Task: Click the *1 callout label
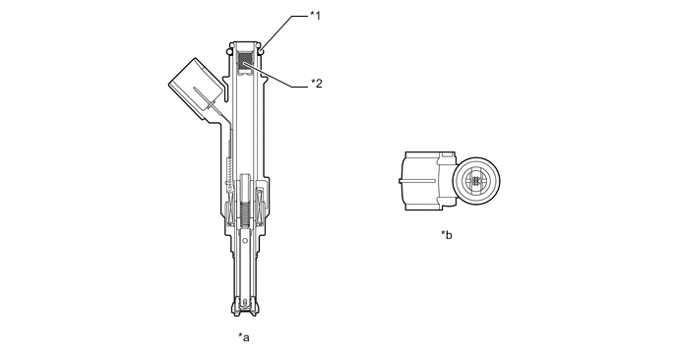tap(316, 16)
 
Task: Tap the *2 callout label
tap(317, 84)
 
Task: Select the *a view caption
tap(244, 337)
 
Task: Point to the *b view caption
tap(447, 235)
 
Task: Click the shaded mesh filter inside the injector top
tap(246, 61)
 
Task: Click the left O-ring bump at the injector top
tap(229, 51)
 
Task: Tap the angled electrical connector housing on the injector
tap(195, 89)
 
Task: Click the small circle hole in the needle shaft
tap(244, 240)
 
